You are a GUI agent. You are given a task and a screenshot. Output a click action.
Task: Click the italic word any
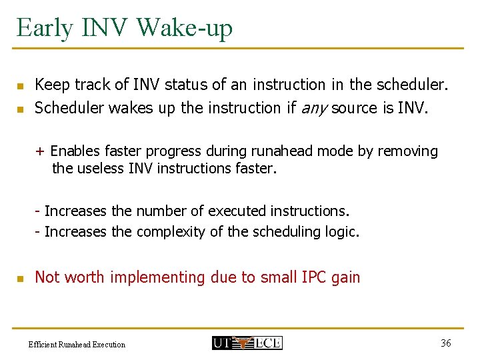pos(315,108)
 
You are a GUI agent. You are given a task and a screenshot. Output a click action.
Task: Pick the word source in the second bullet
pos(355,108)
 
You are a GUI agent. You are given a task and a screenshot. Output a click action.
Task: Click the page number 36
pos(446,343)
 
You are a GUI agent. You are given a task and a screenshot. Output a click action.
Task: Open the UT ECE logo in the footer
pos(247,343)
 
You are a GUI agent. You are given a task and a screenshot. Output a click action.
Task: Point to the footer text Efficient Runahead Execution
pos(77,345)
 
